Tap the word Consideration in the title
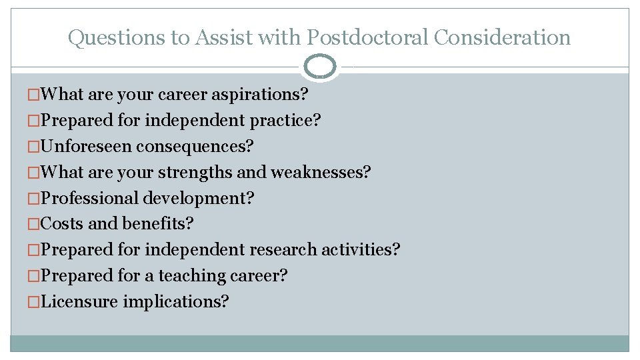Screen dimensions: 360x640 point(503,37)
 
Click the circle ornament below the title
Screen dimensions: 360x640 point(320,67)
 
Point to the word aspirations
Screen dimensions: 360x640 point(259,95)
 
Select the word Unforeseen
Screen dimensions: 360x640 point(87,146)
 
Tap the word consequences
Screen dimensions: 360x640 point(195,146)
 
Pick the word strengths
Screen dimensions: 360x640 point(195,173)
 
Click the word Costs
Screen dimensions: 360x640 point(62,224)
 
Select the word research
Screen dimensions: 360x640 point(283,250)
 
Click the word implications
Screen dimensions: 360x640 point(176,302)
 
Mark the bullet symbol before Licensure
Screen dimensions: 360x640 point(33,302)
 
